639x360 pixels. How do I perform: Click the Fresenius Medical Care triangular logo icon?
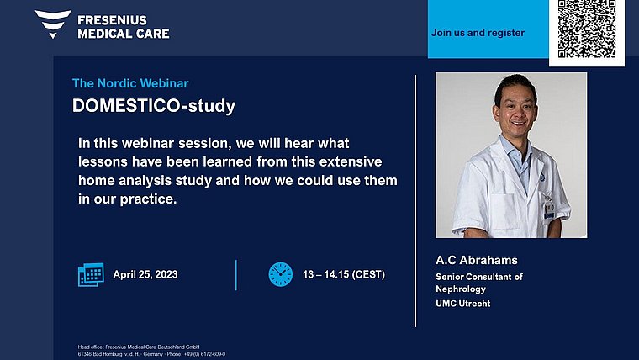point(53,24)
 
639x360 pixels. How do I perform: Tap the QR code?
point(587,29)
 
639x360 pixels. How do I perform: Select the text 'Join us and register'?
point(478,33)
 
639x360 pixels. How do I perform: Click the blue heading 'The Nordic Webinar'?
point(130,83)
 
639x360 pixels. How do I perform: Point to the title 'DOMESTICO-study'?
point(154,106)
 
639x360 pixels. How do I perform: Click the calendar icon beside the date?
point(91,274)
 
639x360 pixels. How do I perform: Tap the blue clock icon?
point(280,274)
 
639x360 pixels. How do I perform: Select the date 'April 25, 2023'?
point(145,274)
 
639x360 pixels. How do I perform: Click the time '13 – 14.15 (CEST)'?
point(344,274)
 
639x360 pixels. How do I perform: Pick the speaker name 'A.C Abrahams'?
point(477,260)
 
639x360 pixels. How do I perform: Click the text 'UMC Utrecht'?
point(463,304)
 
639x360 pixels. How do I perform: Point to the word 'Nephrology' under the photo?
point(461,289)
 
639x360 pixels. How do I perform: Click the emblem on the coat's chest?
point(542,177)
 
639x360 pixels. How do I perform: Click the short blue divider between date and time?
point(236,275)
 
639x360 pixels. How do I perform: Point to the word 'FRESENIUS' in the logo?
point(112,20)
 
